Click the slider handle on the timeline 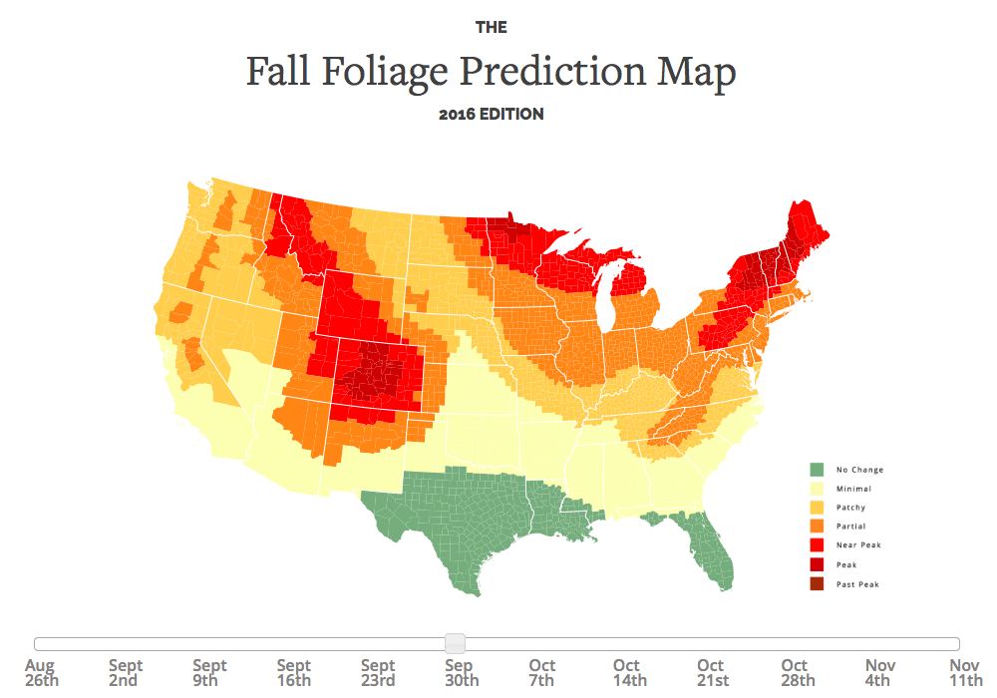tap(455, 643)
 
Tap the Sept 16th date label tap(293, 673)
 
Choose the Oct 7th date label tap(542, 673)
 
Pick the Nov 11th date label tap(964, 673)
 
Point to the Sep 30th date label tap(459, 673)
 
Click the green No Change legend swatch tap(817, 470)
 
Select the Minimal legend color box tap(817, 489)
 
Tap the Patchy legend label tap(850, 508)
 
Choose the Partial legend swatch tap(817, 526)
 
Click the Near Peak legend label tap(858, 545)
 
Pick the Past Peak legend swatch tap(817, 583)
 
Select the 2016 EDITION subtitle tap(492, 115)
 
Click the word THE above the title tap(492, 27)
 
